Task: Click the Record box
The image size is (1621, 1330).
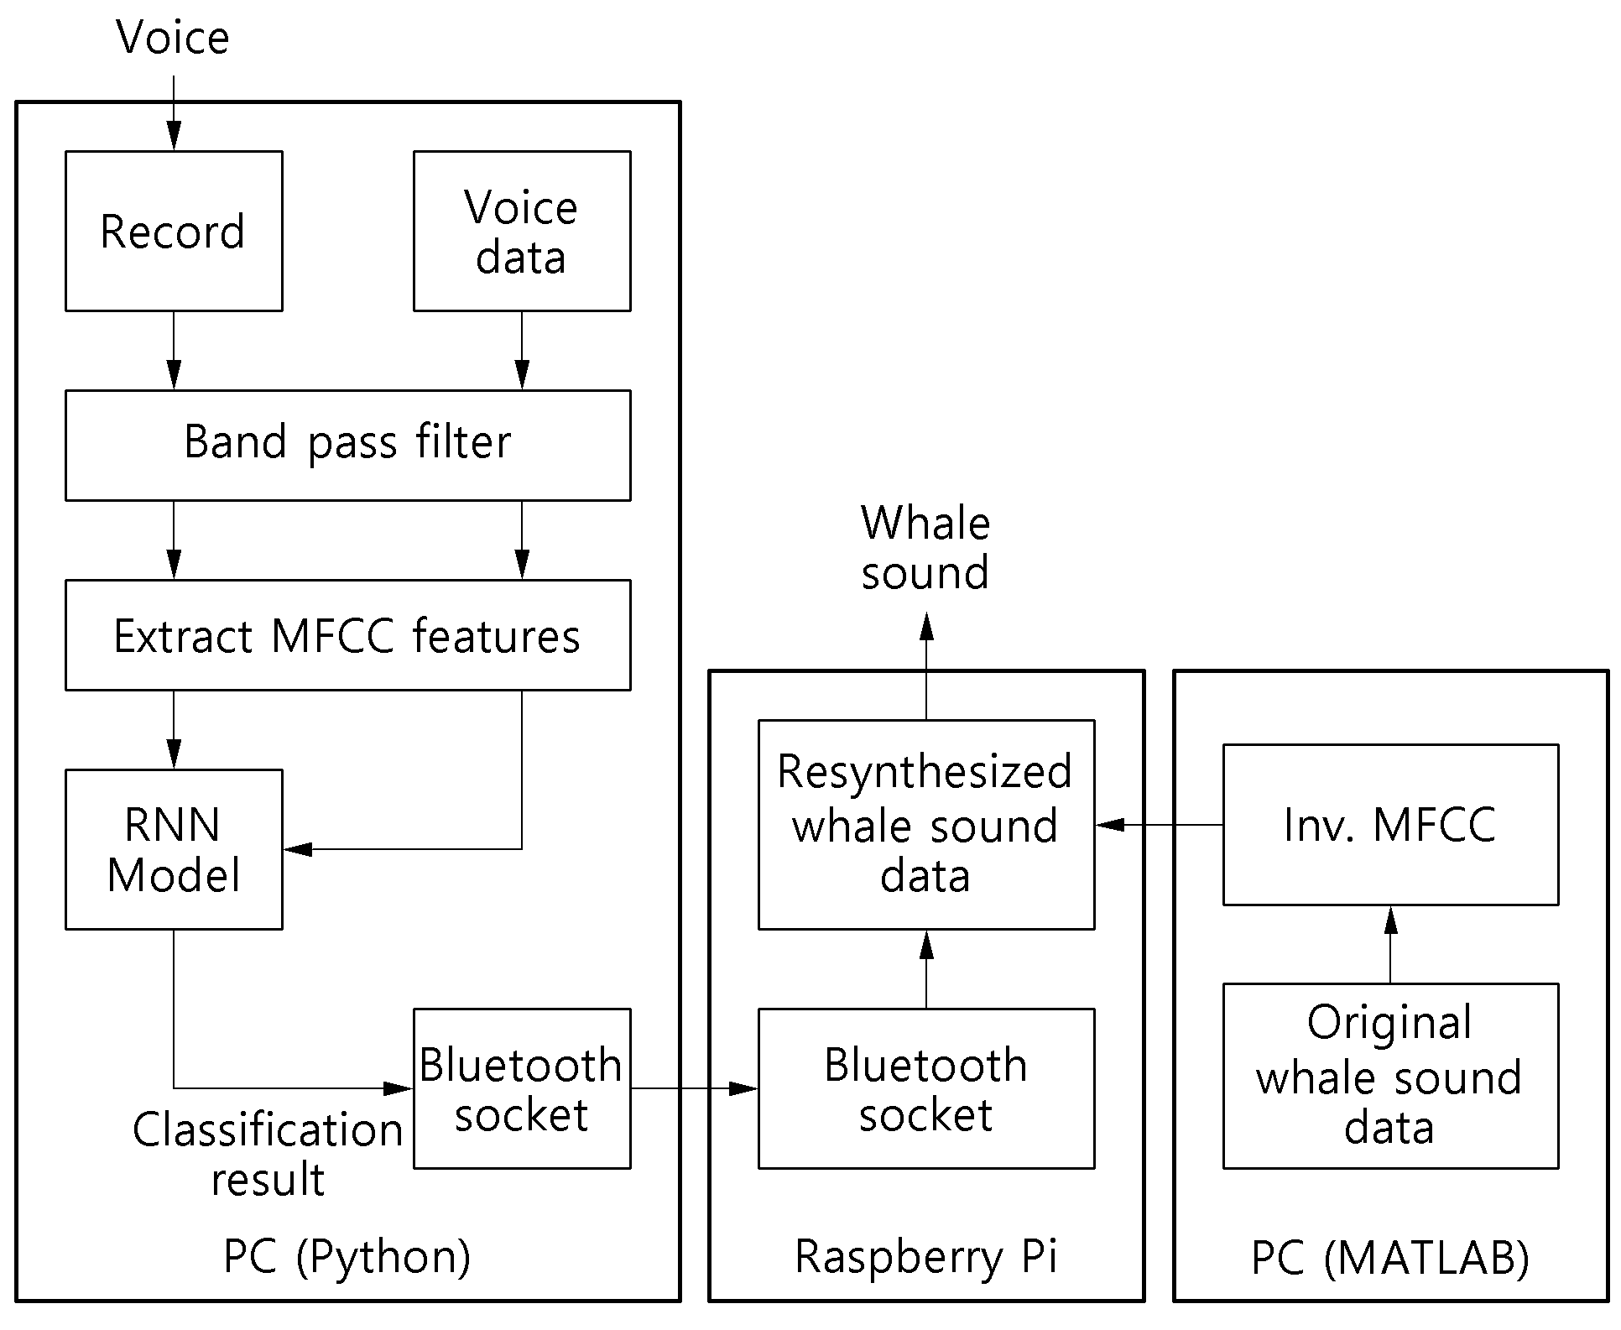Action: pos(174,231)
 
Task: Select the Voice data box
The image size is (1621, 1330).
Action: pos(522,231)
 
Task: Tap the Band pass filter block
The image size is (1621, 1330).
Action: pos(348,446)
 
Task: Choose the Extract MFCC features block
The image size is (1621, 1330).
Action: pos(348,635)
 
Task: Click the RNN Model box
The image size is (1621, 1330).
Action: pos(174,849)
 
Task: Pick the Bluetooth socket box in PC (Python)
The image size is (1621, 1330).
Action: pos(522,1088)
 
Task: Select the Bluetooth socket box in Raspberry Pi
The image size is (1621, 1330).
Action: pos(926,1088)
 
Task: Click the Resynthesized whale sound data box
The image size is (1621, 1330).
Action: pos(926,825)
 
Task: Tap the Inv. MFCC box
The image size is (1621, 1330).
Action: pos(1390,825)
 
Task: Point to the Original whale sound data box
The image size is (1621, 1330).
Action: pos(1390,1076)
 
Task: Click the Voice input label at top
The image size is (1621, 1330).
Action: pos(173,38)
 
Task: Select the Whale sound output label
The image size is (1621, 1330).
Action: pos(925,548)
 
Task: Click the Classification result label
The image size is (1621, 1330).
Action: pos(268,1155)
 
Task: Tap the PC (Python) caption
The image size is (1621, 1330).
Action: pos(347,1256)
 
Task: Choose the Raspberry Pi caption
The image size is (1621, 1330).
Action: pos(926,1257)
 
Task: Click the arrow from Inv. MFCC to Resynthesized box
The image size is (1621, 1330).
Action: pos(1160,825)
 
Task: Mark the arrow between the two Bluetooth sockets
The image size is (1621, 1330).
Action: pos(695,1088)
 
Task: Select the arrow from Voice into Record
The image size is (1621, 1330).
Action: pos(174,113)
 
